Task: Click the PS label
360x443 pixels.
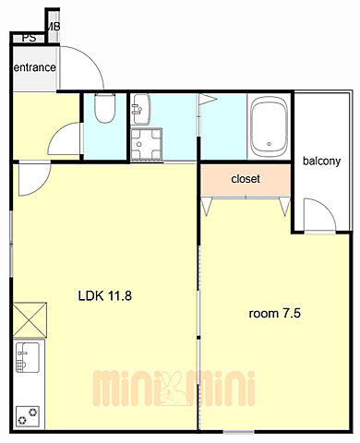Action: tap(30, 38)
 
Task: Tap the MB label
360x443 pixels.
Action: tap(53, 27)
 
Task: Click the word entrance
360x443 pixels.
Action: tap(35, 67)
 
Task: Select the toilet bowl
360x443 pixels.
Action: tap(105, 108)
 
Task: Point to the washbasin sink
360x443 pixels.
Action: tap(141, 109)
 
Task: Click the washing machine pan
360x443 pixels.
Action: tap(146, 144)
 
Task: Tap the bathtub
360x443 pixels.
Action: tap(270, 126)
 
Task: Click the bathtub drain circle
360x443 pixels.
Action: tap(270, 144)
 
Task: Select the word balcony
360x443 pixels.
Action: tap(321, 161)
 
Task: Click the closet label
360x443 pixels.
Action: tap(246, 179)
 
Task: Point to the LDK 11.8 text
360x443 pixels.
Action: tap(105, 296)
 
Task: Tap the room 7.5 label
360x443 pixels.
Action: tap(274, 314)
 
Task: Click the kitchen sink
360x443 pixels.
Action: tap(28, 357)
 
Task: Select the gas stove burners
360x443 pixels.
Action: tap(28, 416)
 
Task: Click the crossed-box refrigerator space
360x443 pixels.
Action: tap(30, 320)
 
